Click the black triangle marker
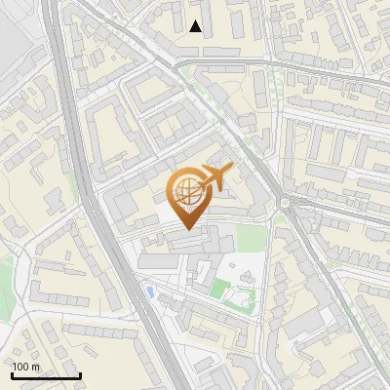point(196,26)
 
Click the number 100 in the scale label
point(20,367)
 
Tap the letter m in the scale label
point(35,367)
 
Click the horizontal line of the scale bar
point(46,375)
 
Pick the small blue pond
point(149,291)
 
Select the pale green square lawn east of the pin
point(251,238)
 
